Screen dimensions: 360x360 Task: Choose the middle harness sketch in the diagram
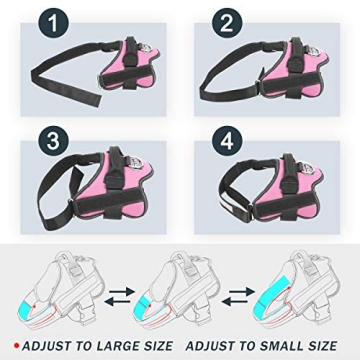pos(179,290)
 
